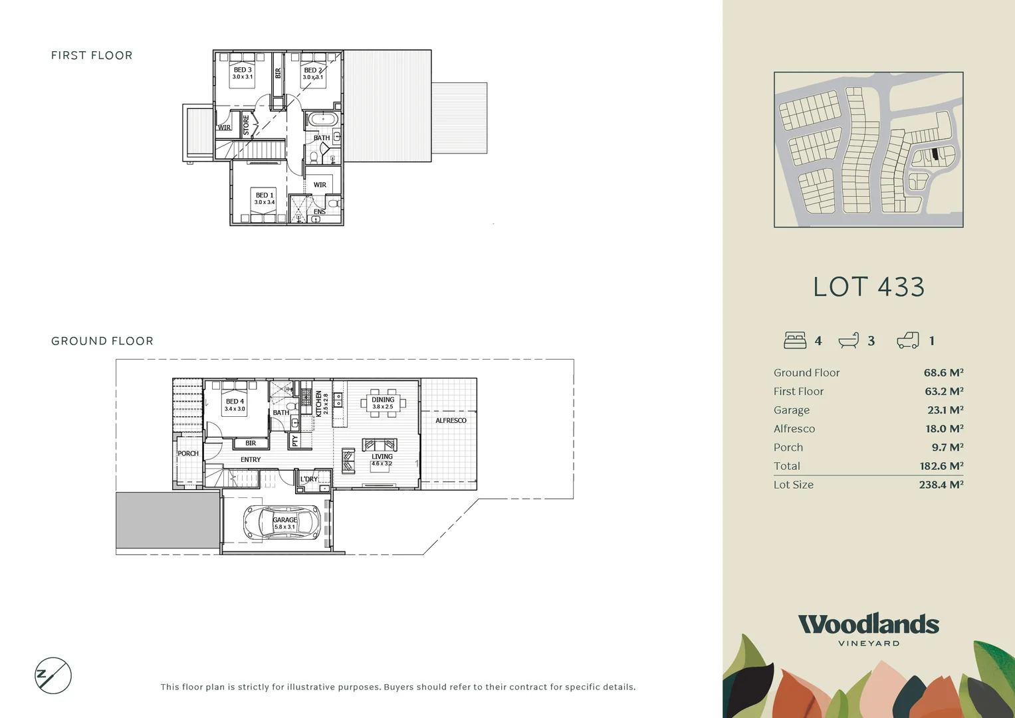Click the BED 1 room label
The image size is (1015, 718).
(x=264, y=195)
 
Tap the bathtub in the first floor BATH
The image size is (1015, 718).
(x=322, y=120)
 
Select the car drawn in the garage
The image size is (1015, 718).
(x=282, y=523)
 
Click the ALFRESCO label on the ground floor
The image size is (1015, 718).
(x=451, y=420)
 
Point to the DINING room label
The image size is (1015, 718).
(x=382, y=400)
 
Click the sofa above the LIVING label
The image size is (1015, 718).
(x=380, y=445)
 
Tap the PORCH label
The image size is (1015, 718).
(x=187, y=453)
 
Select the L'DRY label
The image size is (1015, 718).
(x=308, y=479)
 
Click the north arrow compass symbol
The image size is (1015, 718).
(x=53, y=675)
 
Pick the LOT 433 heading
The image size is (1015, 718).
(x=868, y=287)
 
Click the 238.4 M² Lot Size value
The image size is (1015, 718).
(x=941, y=485)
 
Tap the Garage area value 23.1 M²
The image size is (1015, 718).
(x=945, y=410)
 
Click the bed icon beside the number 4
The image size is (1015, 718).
(x=795, y=340)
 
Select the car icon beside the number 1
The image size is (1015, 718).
(x=907, y=340)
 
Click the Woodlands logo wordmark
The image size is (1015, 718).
(x=868, y=624)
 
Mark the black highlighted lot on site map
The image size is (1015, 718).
(x=935, y=154)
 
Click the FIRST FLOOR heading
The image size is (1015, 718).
(x=92, y=55)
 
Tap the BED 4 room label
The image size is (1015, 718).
(x=235, y=402)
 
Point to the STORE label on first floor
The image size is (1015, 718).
(x=246, y=125)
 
